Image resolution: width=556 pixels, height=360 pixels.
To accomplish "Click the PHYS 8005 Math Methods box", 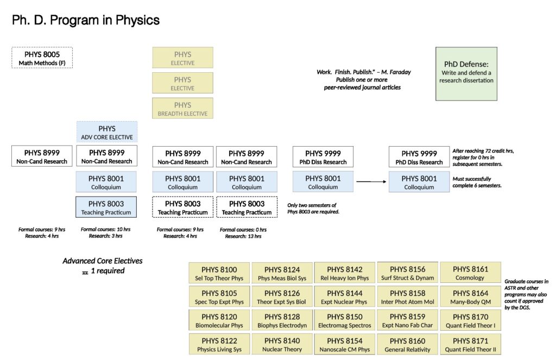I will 42,58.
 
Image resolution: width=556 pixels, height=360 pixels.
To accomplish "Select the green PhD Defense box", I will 466,73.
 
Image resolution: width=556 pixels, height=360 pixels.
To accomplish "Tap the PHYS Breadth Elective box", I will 182,109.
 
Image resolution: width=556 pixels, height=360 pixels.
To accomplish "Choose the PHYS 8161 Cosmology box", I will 470,273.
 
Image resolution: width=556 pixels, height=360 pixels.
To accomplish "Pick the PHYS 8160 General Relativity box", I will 407,344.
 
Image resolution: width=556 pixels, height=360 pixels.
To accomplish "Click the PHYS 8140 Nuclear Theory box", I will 282,344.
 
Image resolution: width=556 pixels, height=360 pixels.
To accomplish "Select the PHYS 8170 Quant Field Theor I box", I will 470,320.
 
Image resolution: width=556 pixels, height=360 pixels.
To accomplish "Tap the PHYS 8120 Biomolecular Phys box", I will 219,320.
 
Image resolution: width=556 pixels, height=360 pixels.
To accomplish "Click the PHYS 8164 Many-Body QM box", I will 470,297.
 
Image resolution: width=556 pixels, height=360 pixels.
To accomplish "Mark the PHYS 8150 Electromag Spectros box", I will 345,320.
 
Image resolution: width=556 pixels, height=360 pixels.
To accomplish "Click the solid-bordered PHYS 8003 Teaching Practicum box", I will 107,207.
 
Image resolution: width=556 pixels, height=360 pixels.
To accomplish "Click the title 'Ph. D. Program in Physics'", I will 86,21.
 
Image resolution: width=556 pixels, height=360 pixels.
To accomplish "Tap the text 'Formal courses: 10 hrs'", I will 105,229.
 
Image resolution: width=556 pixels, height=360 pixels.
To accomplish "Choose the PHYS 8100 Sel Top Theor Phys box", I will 219,273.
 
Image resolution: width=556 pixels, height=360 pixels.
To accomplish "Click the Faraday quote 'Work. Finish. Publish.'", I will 359,72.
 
